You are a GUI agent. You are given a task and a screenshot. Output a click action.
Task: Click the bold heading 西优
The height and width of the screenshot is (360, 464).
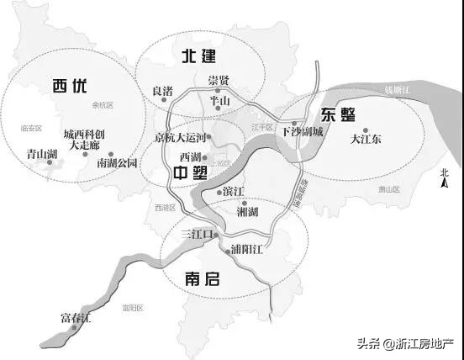[x=69, y=86]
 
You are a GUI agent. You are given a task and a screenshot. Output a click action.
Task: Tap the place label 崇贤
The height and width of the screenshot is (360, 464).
[x=219, y=81]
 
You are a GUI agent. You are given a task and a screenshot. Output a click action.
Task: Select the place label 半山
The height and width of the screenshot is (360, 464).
[x=219, y=100]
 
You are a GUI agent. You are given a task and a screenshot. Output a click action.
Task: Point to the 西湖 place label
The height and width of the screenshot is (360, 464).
[x=192, y=157]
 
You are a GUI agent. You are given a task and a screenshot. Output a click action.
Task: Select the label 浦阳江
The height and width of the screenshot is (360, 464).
[x=247, y=250]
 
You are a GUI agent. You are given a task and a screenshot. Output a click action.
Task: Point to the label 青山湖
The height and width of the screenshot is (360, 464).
[x=40, y=154]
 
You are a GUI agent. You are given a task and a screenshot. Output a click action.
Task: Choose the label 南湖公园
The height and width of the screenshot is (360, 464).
[x=118, y=161]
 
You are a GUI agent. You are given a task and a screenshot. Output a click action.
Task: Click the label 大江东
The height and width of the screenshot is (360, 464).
[x=366, y=139]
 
